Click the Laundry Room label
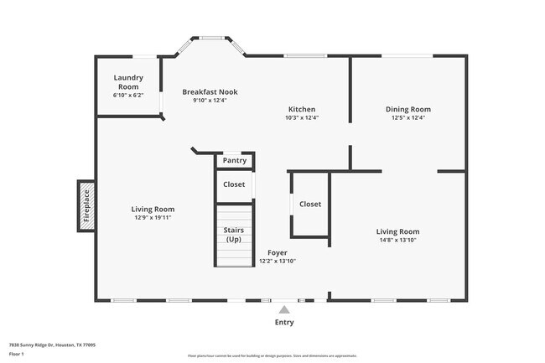[x=128, y=82]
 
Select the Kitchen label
[x=302, y=109]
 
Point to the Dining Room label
[x=407, y=109]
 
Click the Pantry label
[x=235, y=160]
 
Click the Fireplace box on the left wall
[x=86, y=205]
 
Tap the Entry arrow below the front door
[x=284, y=310]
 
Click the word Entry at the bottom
[x=284, y=322]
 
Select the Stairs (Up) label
[x=234, y=235]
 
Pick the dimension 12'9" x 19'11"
[x=153, y=218]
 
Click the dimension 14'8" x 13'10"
[x=397, y=241]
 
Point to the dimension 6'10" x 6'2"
[x=128, y=95]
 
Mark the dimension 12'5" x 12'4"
[x=407, y=118]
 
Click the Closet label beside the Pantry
[x=234, y=184]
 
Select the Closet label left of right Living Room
[x=310, y=204]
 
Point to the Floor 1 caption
[x=17, y=355]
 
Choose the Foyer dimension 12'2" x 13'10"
[x=278, y=261]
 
